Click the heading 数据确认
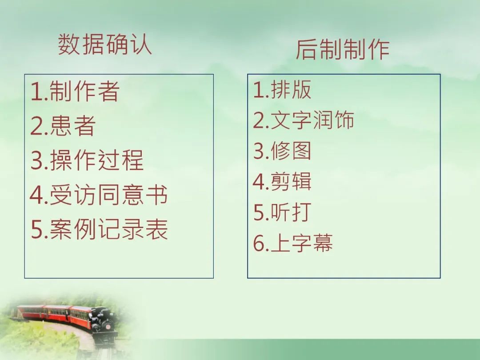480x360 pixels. tap(105, 44)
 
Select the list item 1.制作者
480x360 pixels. tap(75, 91)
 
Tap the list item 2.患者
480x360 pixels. tap(63, 125)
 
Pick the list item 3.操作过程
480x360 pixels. tap(87, 160)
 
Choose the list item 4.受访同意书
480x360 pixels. tap(99, 195)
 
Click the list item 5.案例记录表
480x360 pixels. tap(99, 229)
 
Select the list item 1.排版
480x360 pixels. tap(282, 89)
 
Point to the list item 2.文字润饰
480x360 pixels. tap(304, 120)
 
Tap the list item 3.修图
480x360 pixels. tap(282, 151)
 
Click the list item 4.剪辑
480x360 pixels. tap(282, 181)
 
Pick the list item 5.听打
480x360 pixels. tap(282, 212)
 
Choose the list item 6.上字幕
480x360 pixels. tap(293, 243)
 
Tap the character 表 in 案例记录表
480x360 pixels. tap(157, 229)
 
